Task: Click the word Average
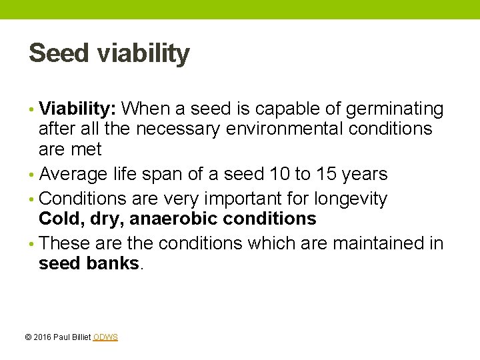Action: (x=73, y=175)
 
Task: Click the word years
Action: (x=364, y=175)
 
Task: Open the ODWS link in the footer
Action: (x=105, y=337)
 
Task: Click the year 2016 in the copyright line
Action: (x=41, y=337)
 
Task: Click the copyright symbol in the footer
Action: (x=27, y=337)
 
